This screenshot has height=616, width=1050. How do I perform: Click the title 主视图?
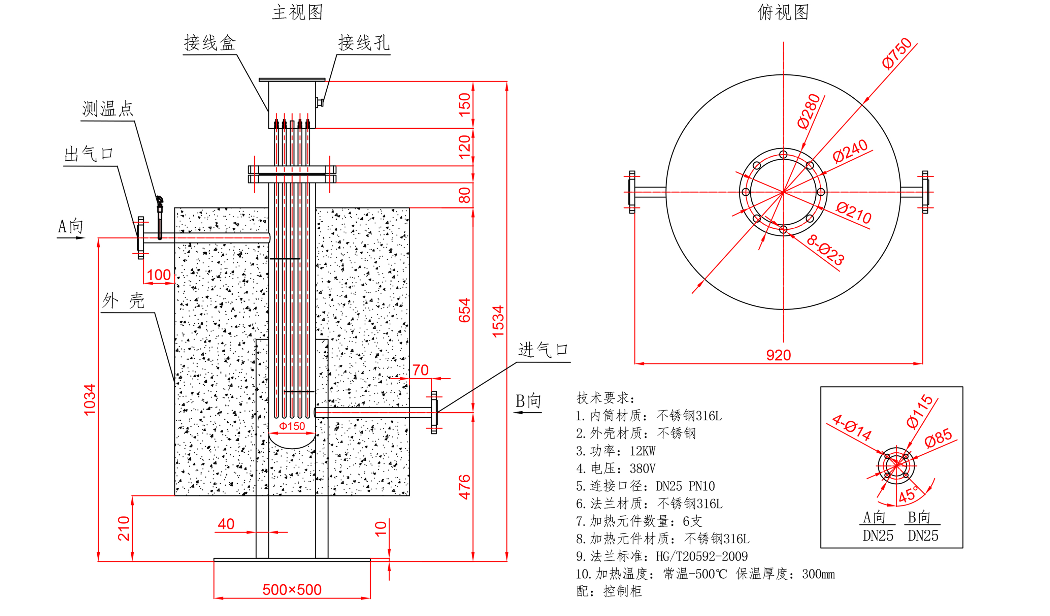pyautogui.click(x=297, y=12)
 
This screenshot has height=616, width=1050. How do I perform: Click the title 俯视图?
pyautogui.click(x=783, y=12)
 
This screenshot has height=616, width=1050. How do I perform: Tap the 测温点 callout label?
pyautogui.click(x=107, y=109)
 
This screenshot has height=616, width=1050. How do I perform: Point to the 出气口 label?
pyautogui.click(x=89, y=154)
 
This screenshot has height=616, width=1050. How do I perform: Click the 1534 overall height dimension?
pyautogui.click(x=498, y=321)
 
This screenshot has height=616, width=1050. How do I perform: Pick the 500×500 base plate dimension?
pyautogui.click(x=292, y=589)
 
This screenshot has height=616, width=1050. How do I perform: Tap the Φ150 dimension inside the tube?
pyautogui.click(x=292, y=426)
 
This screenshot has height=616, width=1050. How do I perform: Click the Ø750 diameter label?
pyautogui.click(x=897, y=53)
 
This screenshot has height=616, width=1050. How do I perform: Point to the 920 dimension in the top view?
pyautogui.click(x=778, y=355)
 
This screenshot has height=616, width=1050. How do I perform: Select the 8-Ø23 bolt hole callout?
pyautogui.click(x=825, y=250)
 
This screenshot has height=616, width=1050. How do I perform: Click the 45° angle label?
pyautogui.click(x=908, y=495)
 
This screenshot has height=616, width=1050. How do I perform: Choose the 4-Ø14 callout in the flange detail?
pyautogui.click(x=852, y=428)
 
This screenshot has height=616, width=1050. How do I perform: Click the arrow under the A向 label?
pyautogui.click(x=71, y=238)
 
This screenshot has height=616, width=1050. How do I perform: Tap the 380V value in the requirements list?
pyautogui.click(x=643, y=468)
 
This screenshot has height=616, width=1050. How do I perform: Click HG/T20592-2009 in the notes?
pyautogui.click(x=702, y=556)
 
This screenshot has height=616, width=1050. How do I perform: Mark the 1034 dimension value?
pyautogui.click(x=90, y=400)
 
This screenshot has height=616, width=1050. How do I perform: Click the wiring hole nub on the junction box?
pyautogui.click(x=320, y=102)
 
